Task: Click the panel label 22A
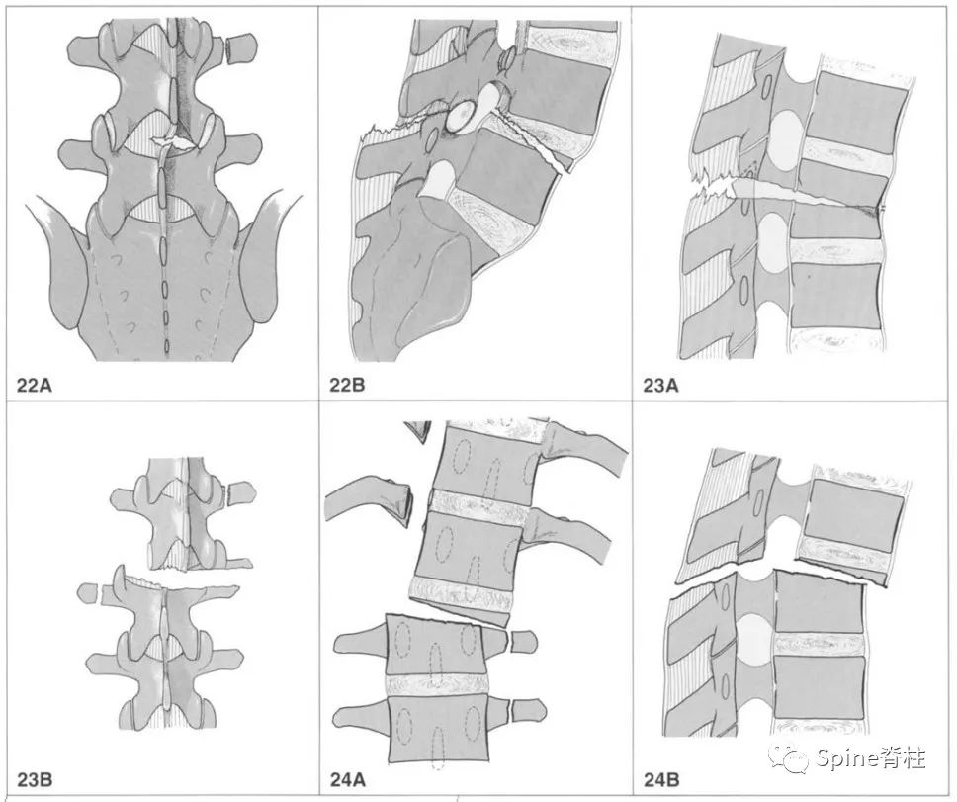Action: coord(36,385)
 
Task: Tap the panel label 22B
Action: coord(347,385)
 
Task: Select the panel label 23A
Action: coord(660,385)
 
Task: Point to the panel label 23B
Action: coord(35,779)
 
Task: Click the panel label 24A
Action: coord(348,779)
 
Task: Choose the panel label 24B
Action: coord(661,779)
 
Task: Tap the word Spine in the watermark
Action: coord(846,758)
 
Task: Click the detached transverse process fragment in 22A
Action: coord(241,48)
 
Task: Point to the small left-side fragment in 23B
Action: coord(88,592)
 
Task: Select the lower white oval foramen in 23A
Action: coord(773,242)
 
